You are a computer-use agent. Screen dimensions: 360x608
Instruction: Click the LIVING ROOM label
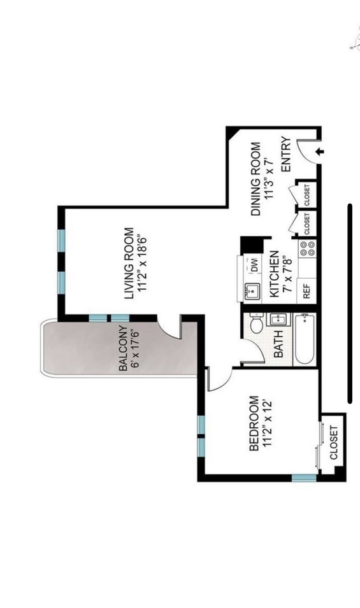pos(129,264)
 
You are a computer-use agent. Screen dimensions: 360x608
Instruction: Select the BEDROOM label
pos(254,423)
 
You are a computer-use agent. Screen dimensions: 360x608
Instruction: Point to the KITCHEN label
pos(274,274)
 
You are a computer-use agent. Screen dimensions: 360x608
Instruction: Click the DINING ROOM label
pos(256,179)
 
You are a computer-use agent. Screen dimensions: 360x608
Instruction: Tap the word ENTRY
pos(286,154)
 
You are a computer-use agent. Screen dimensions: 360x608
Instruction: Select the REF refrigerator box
pos(306,291)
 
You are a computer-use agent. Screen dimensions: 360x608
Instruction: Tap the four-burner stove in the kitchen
pos(307,248)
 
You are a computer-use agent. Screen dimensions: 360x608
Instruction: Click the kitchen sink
pos(252,290)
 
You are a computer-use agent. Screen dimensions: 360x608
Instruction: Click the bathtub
pos(305,339)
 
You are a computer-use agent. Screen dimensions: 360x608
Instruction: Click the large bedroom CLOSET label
pos(334,443)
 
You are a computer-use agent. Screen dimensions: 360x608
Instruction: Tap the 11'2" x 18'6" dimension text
pos(141,263)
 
